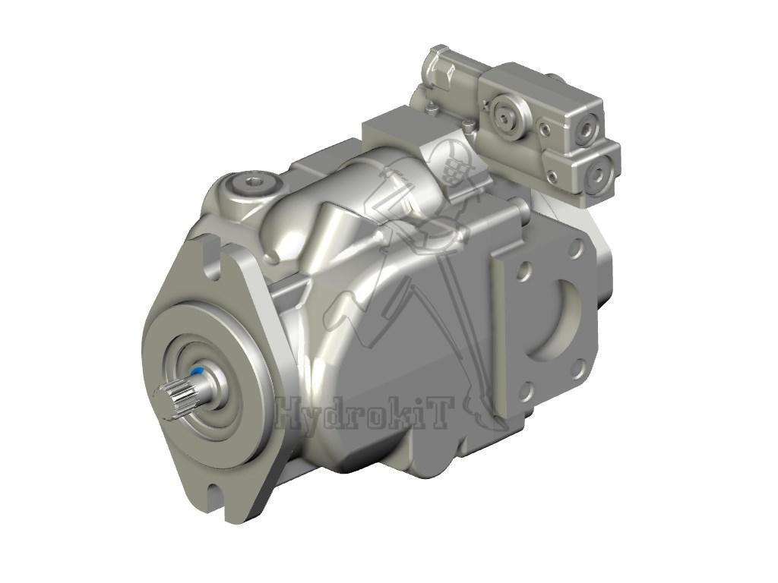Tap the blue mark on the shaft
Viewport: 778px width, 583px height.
198,372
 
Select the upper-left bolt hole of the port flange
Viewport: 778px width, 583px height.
523,271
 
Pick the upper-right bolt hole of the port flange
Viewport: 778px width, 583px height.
577,247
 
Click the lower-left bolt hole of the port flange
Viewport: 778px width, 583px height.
525,392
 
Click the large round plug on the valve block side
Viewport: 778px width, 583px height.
504,115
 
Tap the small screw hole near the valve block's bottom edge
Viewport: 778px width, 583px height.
552,176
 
